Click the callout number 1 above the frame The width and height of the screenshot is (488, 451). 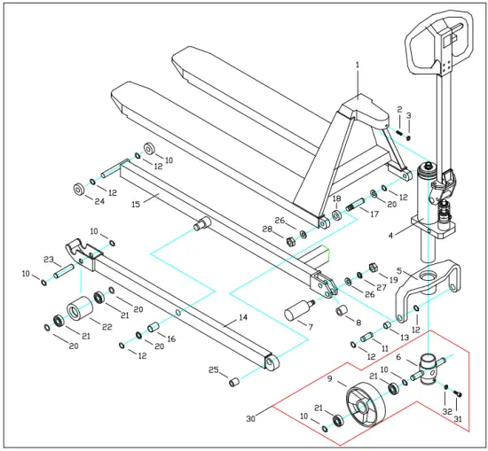click(x=358, y=65)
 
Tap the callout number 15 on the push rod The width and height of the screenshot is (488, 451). click(x=136, y=203)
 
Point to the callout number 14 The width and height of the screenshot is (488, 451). click(x=242, y=316)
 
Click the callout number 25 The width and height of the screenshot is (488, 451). click(x=213, y=369)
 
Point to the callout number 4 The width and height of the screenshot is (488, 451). click(x=390, y=236)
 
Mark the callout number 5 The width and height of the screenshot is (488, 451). click(x=399, y=271)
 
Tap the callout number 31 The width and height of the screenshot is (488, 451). click(x=459, y=419)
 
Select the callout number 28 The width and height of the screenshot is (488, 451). click(x=266, y=229)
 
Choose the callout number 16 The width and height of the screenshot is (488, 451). click(x=171, y=338)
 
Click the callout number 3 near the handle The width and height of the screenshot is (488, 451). click(x=409, y=115)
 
